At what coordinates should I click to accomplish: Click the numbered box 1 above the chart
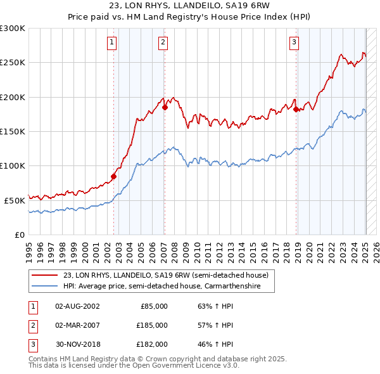pos(111,42)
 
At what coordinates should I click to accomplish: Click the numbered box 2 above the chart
pos(163,42)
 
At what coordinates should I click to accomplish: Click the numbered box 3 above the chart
pos(294,42)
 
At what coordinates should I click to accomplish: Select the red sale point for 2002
pos(114,176)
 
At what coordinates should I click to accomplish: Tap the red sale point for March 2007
pos(165,108)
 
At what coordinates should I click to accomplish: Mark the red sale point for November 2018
pos(296,110)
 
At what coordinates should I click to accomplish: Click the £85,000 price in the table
pos(153,306)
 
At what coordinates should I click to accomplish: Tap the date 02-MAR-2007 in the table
pos(79,325)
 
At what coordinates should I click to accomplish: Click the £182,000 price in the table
pos(152,344)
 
